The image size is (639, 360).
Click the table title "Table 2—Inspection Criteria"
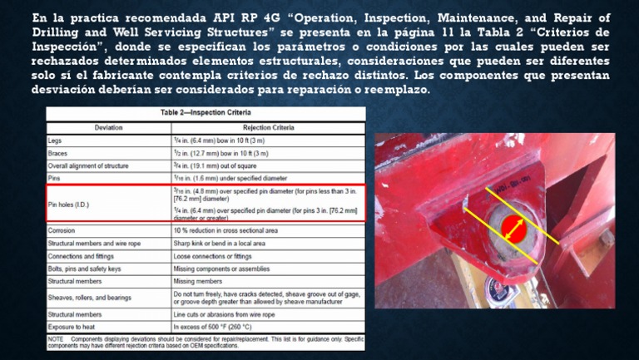(205, 112)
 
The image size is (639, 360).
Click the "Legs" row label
(55, 140)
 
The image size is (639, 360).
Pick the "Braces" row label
(58, 153)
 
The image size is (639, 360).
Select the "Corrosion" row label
(62, 229)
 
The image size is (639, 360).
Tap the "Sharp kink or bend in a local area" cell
(220, 243)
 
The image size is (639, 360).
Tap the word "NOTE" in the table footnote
(56, 339)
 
